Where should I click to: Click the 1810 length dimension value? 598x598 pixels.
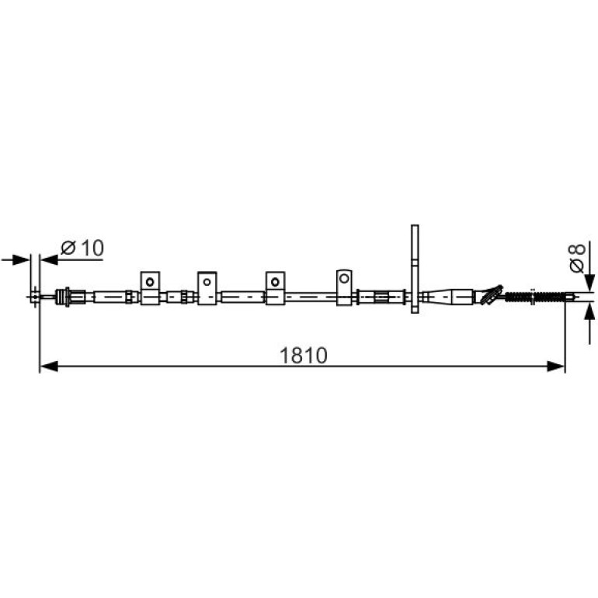coord(304,356)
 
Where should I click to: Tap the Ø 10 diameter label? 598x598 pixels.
coord(82,248)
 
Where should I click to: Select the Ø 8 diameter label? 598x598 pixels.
coord(577,258)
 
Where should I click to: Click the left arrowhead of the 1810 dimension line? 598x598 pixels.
coord(49,367)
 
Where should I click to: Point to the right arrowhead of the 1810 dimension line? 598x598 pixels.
coord(555,367)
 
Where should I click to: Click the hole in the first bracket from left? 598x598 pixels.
coord(150,282)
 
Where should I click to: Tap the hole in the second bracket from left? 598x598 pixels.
coord(207,282)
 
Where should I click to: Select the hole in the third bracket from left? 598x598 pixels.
coord(275,282)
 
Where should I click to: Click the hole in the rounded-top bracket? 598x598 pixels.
coord(344,278)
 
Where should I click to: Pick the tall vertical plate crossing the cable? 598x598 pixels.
coord(415,269)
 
